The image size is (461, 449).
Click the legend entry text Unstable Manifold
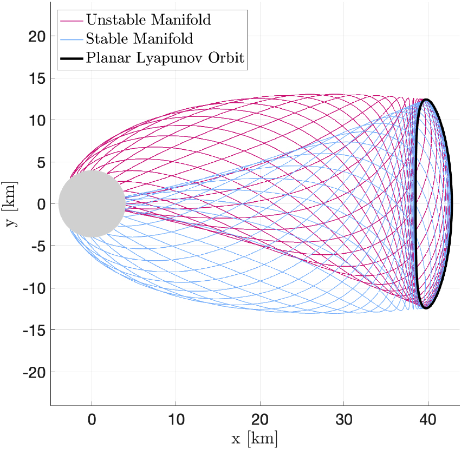click(x=148, y=21)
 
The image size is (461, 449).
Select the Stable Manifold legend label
click(x=139, y=39)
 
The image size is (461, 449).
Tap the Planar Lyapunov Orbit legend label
click(x=165, y=58)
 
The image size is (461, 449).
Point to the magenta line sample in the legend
click(x=72, y=21)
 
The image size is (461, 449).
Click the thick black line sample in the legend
click(x=72, y=58)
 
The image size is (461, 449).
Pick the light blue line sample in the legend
click(x=72, y=39)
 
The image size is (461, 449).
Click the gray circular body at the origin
click(x=92, y=204)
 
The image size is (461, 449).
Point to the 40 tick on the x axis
click(x=428, y=420)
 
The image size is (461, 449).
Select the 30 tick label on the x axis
click(x=344, y=420)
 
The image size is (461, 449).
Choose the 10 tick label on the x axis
click(x=176, y=420)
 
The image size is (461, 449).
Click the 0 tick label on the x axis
click(x=92, y=420)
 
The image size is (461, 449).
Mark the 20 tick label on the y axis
click(x=36, y=36)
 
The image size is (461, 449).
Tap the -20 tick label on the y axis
click(x=33, y=372)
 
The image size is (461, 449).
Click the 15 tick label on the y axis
click(x=36, y=78)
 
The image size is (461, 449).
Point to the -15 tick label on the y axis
click(x=33, y=330)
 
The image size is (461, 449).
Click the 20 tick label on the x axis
click(x=260, y=420)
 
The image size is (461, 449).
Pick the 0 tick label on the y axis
click(x=39, y=204)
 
